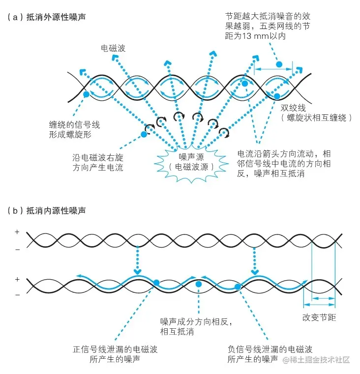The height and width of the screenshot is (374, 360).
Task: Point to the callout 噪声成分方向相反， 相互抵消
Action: click(x=195, y=326)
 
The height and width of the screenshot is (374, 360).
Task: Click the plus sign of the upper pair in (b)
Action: click(x=17, y=231)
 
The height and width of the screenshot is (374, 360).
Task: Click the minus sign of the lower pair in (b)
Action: click(x=17, y=294)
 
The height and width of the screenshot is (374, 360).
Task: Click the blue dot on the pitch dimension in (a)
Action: click(x=279, y=64)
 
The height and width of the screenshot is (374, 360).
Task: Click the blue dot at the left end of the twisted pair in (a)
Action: click(x=87, y=94)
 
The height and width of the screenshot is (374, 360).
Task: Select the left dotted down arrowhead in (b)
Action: click(x=138, y=271)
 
